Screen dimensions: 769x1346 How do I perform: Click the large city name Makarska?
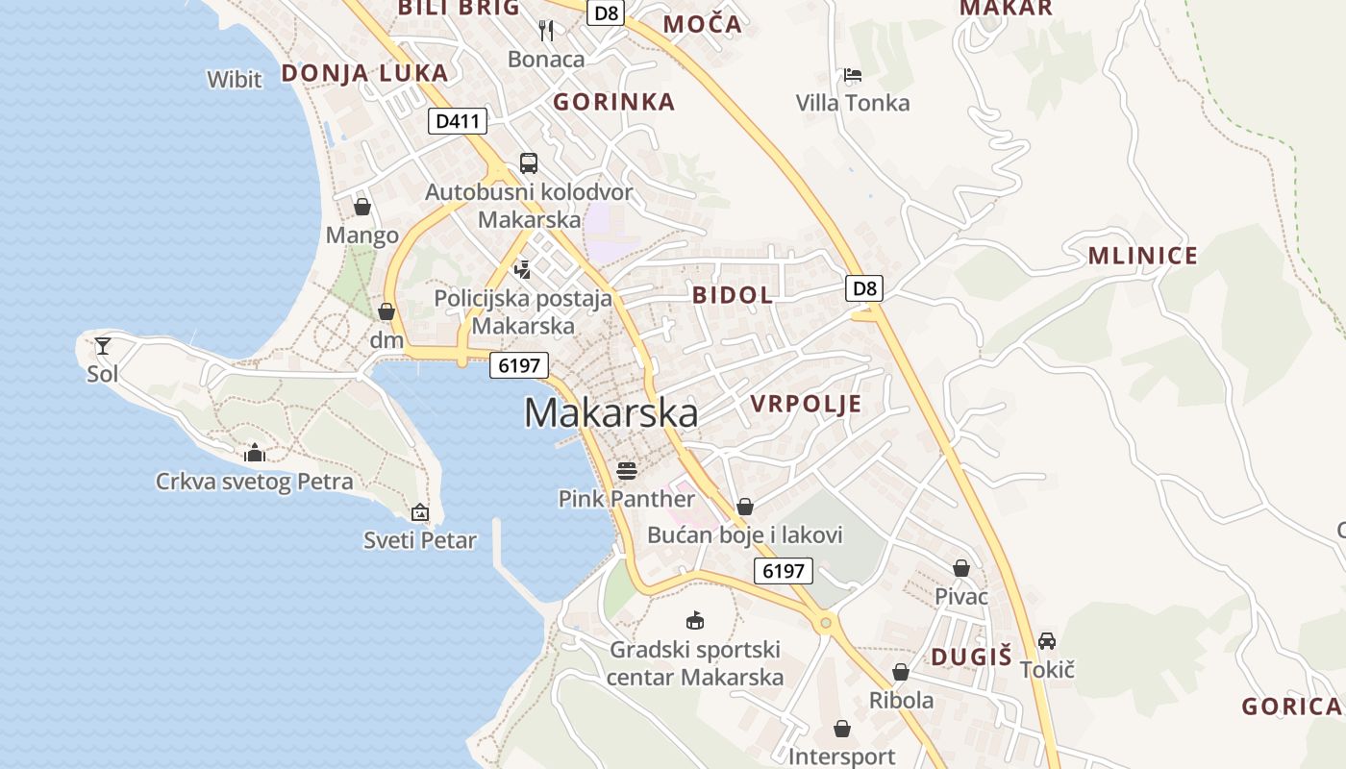[611, 412]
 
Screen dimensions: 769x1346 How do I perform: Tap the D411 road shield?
[457, 121]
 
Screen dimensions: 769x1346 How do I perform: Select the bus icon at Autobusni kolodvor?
[529, 162]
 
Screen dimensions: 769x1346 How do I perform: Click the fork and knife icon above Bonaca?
[546, 30]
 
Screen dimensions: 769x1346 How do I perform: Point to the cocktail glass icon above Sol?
[102, 345]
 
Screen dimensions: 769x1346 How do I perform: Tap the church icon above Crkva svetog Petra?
[255, 452]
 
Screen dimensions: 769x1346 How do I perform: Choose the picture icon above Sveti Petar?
[420, 512]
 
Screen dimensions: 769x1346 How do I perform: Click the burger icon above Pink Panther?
[627, 470]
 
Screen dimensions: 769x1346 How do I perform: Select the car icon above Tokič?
[1047, 640]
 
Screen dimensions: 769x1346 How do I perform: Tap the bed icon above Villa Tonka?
[852, 74]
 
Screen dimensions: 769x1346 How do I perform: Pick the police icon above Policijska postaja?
[523, 269]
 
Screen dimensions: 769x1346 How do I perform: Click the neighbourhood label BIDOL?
[733, 295]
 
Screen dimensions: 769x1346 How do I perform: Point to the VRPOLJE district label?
[806, 404]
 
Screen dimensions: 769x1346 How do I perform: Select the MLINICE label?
[1143, 256]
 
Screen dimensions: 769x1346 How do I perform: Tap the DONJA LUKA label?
[364, 73]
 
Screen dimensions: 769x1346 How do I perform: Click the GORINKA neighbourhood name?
[614, 102]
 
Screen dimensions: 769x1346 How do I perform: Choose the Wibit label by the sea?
[235, 79]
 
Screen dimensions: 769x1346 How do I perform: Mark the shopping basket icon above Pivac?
[961, 568]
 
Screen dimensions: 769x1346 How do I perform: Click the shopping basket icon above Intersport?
[842, 729]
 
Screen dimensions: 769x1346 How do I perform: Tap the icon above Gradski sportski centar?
[694, 621]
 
